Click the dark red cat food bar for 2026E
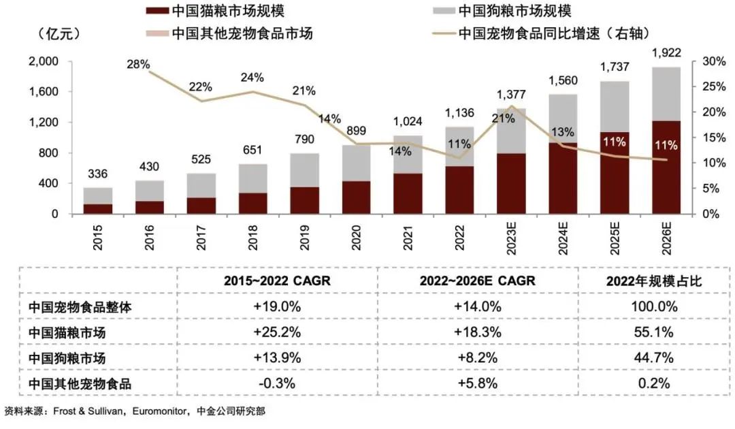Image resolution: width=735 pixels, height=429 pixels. pos(666,168)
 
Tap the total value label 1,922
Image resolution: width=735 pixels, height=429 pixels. pos(666,52)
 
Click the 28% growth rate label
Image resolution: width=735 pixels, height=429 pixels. pos(138,64)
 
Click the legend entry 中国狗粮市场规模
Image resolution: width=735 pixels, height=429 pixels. pos(514,12)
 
